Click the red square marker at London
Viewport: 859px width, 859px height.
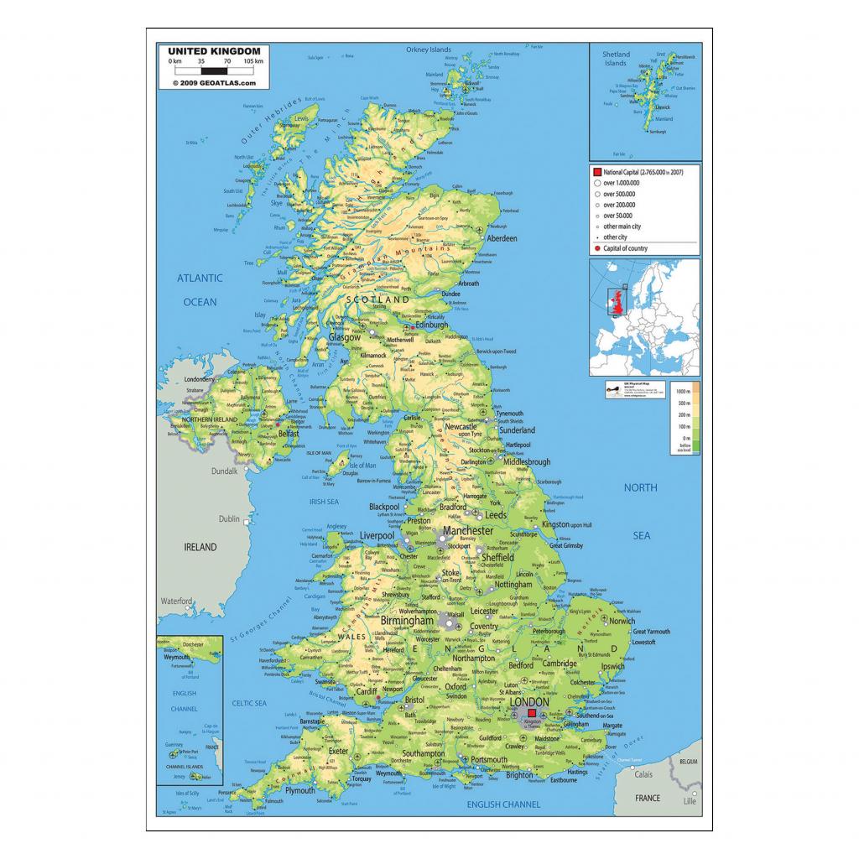coord(531,713)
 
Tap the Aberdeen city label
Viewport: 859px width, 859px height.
coord(498,238)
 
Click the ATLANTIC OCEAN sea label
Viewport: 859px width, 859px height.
coord(199,289)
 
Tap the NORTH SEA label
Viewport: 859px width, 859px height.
coord(641,511)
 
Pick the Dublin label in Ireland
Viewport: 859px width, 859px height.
coord(229,519)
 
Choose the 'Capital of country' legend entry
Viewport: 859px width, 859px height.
coord(626,248)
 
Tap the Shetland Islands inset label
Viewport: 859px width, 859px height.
coord(616,59)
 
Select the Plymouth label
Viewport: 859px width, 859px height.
coord(299,790)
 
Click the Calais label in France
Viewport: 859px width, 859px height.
coord(644,774)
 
